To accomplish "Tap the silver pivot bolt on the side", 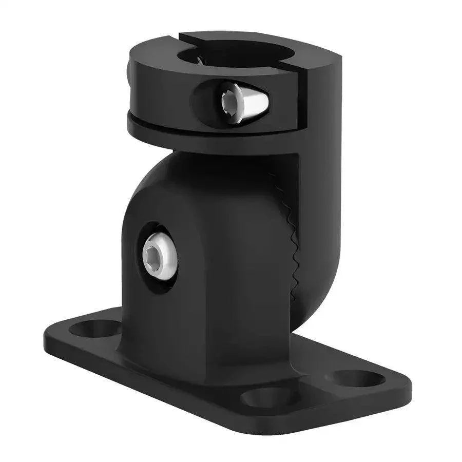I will tap(160, 255).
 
